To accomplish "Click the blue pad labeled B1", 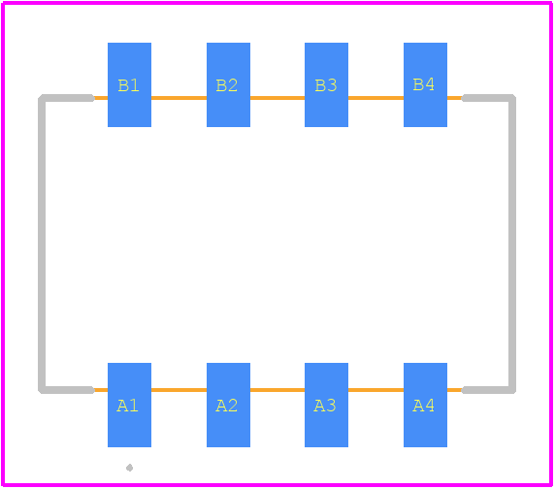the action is click(130, 85).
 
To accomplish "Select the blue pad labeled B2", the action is click(228, 85).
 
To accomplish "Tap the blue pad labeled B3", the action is click(326, 85).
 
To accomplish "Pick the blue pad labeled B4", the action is click(425, 85).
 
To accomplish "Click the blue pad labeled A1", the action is click(130, 406).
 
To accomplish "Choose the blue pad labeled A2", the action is click(228, 406).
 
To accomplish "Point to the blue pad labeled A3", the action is click(326, 406).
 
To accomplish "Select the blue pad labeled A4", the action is click(425, 406).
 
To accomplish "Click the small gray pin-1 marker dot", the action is click(130, 468).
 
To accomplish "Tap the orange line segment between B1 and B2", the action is click(180, 98).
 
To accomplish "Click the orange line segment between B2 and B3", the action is click(277, 98).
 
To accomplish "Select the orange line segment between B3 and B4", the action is click(375, 98).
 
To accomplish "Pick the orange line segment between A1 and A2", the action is click(180, 390).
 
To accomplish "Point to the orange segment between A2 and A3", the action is click(277, 390).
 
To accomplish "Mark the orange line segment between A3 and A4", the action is click(375, 390).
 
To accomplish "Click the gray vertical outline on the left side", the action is click(42, 244).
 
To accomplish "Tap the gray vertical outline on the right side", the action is click(512, 244).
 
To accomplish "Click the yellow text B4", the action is click(424, 84).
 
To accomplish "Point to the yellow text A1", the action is click(127, 406).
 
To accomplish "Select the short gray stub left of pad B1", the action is click(68, 98).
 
